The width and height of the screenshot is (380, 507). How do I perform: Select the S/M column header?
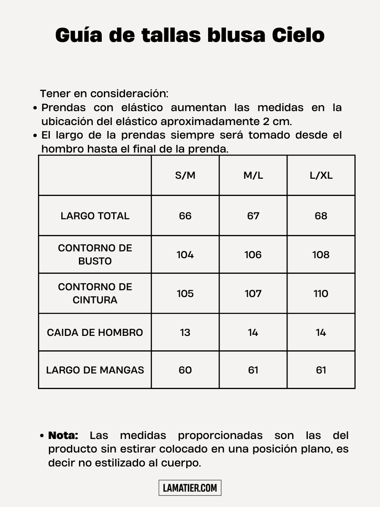tap(185, 175)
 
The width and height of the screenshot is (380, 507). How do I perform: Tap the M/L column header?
tap(253, 175)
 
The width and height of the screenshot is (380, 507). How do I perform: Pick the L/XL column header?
tap(321, 175)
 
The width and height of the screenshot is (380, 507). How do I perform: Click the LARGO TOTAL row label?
tap(95, 216)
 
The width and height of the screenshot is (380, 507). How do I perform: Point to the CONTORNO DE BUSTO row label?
tap(95, 254)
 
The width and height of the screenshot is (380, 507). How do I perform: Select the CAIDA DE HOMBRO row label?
tap(95, 333)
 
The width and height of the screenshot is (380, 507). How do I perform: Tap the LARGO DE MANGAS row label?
tap(95, 370)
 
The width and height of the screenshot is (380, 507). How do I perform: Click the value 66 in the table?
tap(185, 216)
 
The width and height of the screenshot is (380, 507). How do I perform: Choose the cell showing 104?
tap(185, 255)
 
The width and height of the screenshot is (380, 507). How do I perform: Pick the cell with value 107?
tap(253, 294)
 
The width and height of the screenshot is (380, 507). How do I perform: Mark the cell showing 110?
tap(321, 294)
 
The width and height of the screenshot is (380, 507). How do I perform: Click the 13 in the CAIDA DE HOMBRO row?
tap(185, 333)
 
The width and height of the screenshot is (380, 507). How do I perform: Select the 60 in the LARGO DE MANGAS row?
tap(185, 370)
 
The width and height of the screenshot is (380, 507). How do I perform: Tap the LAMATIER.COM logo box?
tap(190, 488)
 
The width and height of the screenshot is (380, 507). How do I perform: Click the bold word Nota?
tap(63, 436)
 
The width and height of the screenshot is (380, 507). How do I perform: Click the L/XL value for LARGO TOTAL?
tap(321, 216)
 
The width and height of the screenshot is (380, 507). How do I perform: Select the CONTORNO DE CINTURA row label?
tap(95, 293)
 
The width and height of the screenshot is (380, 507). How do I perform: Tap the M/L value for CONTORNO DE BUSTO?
tap(253, 255)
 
